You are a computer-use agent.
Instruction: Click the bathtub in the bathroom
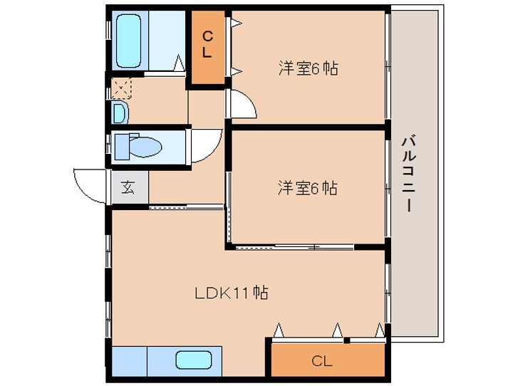pos(128,41)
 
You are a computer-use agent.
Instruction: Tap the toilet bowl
pos(145,147)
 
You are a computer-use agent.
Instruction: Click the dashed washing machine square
pos(121,88)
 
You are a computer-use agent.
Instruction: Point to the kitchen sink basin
pos(193,360)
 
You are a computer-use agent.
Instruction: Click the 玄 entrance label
pos(128,187)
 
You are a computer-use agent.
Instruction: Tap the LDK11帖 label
pos(232,293)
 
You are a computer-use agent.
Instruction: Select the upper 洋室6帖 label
pos(309,68)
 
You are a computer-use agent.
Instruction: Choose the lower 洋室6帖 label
pos(308,188)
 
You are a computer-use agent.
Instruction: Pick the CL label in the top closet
pos(207,44)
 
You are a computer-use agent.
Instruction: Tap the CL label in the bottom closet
pos(322,361)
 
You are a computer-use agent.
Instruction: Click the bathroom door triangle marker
pos(179,63)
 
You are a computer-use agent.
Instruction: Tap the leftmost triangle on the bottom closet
pos(279,330)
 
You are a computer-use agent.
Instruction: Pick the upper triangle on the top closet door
pos(237,23)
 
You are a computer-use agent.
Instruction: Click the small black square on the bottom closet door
pos(347,340)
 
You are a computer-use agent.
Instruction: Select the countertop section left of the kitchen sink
pos(130,361)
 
